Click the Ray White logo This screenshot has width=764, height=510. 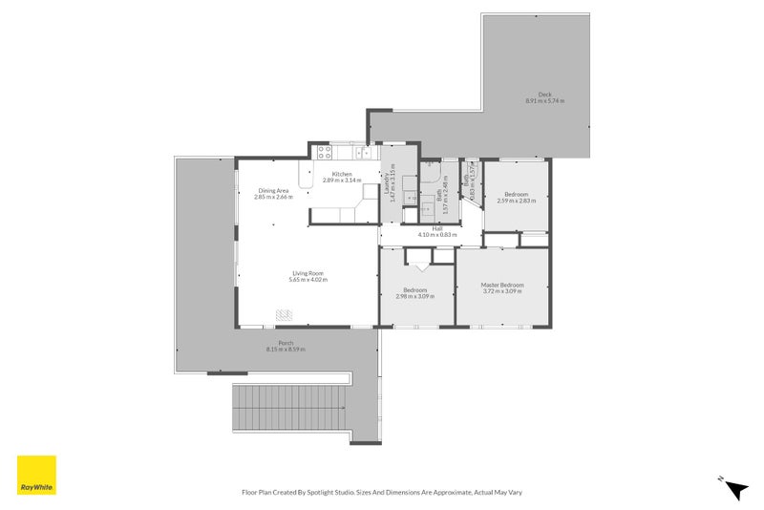[36, 475]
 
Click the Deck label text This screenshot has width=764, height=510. [544, 94]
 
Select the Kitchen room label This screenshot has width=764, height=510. [342, 174]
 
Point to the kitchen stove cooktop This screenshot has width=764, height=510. [324, 150]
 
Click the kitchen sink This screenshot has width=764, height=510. [364, 151]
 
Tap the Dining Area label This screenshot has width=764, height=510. [273, 191]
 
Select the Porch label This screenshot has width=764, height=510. [285, 343]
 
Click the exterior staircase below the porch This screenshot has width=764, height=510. [291, 408]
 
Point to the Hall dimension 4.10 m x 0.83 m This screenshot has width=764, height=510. [437, 235]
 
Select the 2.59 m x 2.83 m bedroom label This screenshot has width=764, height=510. [519, 201]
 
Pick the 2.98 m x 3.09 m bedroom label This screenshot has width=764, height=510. [414, 296]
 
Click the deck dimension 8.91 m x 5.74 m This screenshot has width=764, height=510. [544, 100]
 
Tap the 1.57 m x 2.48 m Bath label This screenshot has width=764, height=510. [440, 201]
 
